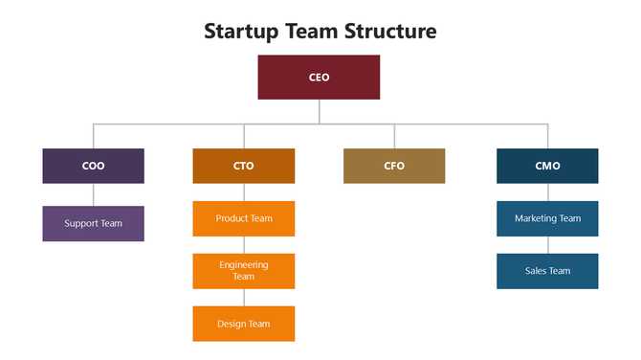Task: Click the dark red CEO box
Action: point(319,77)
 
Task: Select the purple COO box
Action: point(93,166)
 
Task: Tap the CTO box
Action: point(243,166)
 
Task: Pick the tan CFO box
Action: point(394,166)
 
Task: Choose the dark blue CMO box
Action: point(547,166)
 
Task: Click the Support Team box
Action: point(93,223)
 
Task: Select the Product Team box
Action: point(243,218)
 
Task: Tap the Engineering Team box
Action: point(243,271)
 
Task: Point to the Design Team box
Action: point(243,324)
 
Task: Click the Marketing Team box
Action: point(547,218)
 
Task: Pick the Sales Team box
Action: point(547,271)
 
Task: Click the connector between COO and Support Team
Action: point(93,194)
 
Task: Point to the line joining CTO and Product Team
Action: point(243,191)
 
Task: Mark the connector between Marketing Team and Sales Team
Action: point(547,244)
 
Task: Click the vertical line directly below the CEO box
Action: point(320,111)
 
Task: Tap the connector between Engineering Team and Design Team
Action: point(243,297)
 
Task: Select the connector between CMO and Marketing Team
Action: point(547,191)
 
